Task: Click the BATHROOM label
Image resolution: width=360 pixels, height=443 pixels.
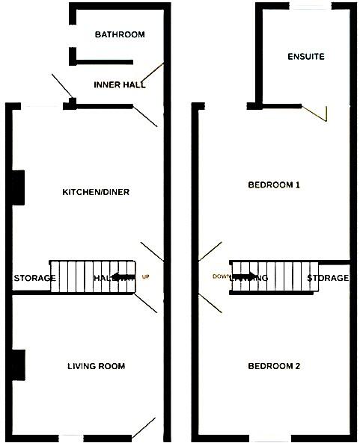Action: pos(120,35)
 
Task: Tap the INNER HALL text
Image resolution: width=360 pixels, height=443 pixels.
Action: pos(120,85)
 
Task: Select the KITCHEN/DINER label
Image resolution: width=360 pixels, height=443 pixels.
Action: pos(96,192)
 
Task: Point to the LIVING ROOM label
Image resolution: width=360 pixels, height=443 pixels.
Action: pos(96,366)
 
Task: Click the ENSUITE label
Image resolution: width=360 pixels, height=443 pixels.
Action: pos(306,57)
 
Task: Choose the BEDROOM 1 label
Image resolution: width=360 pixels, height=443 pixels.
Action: pos(274,185)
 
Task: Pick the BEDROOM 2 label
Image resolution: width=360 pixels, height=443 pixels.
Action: pos(274,366)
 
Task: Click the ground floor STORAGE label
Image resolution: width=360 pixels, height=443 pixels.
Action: pos(34,279)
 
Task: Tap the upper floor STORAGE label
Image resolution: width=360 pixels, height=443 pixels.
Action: pos(328,279)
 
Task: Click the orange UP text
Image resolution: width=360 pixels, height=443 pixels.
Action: pos(147,278)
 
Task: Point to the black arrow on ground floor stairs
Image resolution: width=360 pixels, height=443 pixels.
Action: pos(123,278)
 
